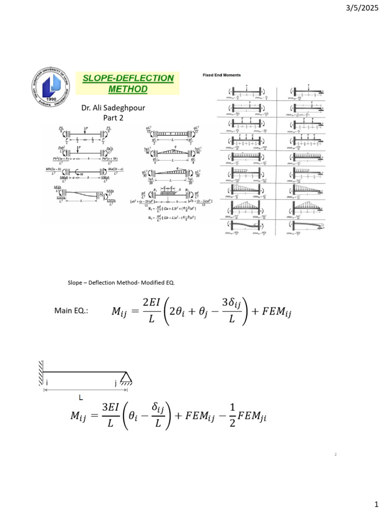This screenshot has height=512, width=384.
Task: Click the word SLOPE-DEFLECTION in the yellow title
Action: pos(128,78)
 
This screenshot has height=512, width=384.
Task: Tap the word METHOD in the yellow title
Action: pos(128,89)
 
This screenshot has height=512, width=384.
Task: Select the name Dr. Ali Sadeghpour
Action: pos(113,108)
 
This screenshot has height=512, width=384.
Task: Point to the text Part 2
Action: pos(113,117)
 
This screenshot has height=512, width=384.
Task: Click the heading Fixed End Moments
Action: pos(221,75)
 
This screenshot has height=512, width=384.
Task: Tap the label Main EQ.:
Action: pos(71,311)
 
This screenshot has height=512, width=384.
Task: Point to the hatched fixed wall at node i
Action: pos(40,372)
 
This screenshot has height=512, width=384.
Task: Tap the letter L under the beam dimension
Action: pos(80,397)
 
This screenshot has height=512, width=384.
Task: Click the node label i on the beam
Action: pos(46,383)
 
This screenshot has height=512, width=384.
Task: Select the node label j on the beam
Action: pos(115,383)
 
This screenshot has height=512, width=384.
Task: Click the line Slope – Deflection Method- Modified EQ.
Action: pos(121,283)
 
